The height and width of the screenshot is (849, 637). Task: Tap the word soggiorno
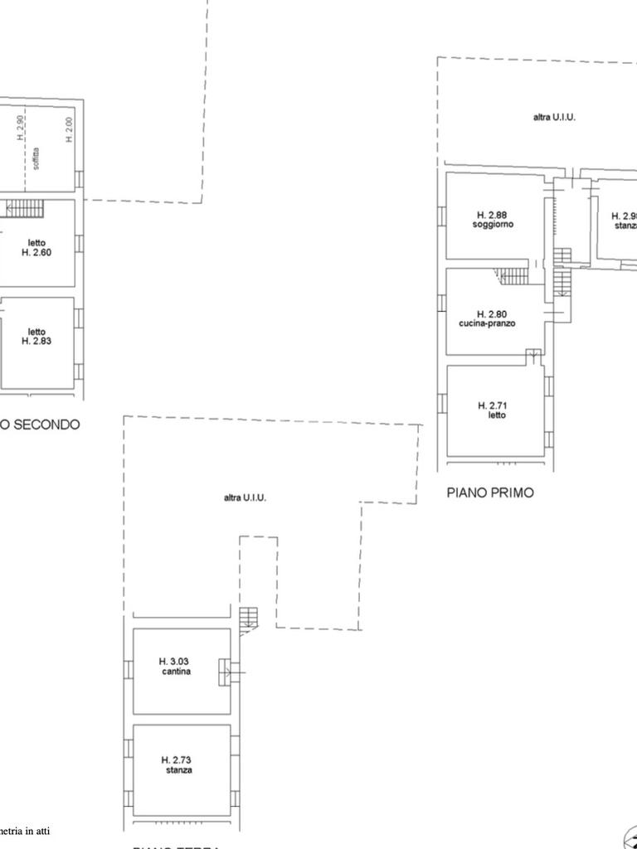click(x=493, y=226)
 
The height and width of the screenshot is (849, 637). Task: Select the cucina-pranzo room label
click(x=487, y=323)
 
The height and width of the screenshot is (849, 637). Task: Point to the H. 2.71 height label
click(x=492, y=405)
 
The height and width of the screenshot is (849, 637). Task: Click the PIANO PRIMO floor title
click(x=490, y=492)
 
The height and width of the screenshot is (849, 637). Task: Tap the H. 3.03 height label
click(x=174, y=662)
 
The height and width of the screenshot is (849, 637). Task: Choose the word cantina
click(x=177, y=672)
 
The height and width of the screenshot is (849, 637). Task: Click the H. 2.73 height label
click(x=177, y=759)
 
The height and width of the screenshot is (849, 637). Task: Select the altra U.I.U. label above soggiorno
click(x=554, y=118)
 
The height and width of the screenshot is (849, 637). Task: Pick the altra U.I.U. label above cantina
click(x=245, y=497)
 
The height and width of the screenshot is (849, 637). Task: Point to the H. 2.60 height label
click(x=36, y=253)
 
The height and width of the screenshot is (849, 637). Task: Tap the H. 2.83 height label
click(x=36, y=341)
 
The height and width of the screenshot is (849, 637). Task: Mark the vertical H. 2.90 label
click(x=21, y=128)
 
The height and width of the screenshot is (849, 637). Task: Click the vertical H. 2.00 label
click(x=69, y=129)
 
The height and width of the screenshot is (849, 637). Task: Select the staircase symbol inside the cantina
click(x=225, y=672)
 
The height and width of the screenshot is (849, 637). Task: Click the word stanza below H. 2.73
click(x=178, y=770)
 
